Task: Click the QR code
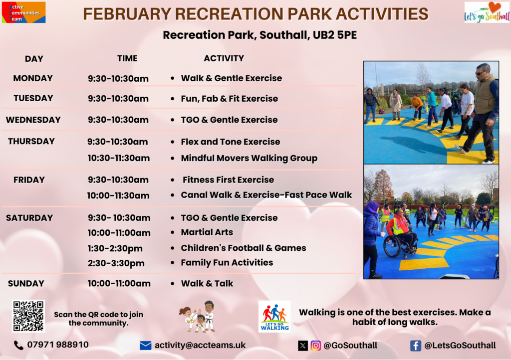[28, 316]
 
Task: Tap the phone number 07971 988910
[58, 345]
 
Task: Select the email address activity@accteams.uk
[200, 345]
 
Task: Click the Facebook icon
[416, 346]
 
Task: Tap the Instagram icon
[315, 346]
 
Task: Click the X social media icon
[303, 346]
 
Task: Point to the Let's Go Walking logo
[274, 317]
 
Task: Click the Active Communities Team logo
[23, 12]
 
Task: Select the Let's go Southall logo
[487, 12]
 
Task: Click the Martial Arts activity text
[207, 232]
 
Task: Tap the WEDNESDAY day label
[33, 120]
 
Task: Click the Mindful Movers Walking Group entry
[249, 158]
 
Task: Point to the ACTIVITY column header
[224, 58]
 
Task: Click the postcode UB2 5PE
[335, 35]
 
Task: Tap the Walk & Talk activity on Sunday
[207, 284]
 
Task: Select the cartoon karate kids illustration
[197, 317]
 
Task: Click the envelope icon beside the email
[145, 346]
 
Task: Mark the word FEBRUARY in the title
[127, 14]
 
